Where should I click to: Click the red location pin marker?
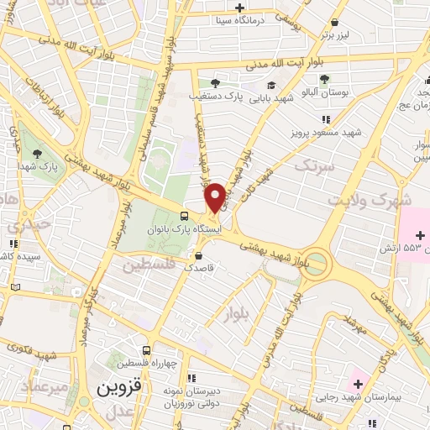point(215,197)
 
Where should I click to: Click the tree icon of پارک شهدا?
point(38,152)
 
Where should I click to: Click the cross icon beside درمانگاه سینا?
point(240,7)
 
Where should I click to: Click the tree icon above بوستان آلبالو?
point(324,79)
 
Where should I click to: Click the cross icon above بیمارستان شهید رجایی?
point(358,384)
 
